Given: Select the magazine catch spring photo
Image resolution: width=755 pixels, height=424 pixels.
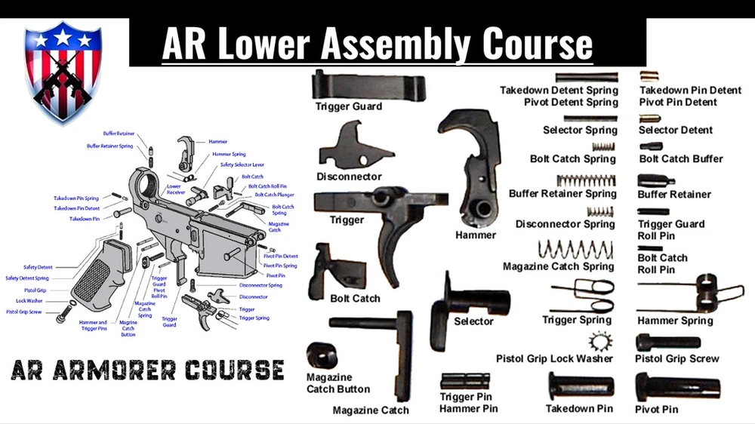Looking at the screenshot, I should [x=576, y=249].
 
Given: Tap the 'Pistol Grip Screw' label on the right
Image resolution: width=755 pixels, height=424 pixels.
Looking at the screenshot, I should [x=677, y=359].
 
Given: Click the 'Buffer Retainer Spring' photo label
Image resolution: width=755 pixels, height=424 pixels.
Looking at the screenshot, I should [x=562, y=194].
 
